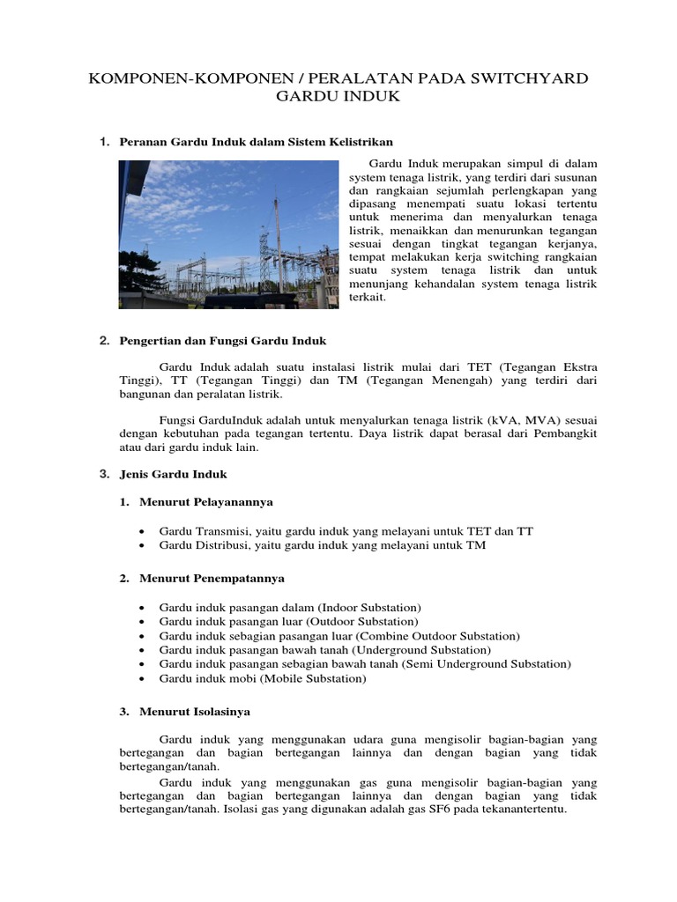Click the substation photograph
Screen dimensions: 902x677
click(228, 233)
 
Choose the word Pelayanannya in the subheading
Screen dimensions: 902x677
click(233, 501)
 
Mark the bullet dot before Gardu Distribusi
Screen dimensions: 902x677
click(142, 545)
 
